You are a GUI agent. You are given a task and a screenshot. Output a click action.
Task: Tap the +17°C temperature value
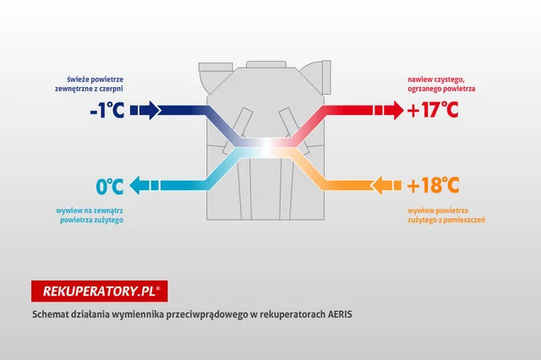coord(432,110)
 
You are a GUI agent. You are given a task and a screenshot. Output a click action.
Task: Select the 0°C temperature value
coord(109,185)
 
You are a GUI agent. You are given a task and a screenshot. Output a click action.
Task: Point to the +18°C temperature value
coord(432,185)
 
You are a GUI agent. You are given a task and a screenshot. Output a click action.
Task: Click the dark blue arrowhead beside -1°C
coord(148,110)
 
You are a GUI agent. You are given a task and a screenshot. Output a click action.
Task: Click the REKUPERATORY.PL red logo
coord(99,292)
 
